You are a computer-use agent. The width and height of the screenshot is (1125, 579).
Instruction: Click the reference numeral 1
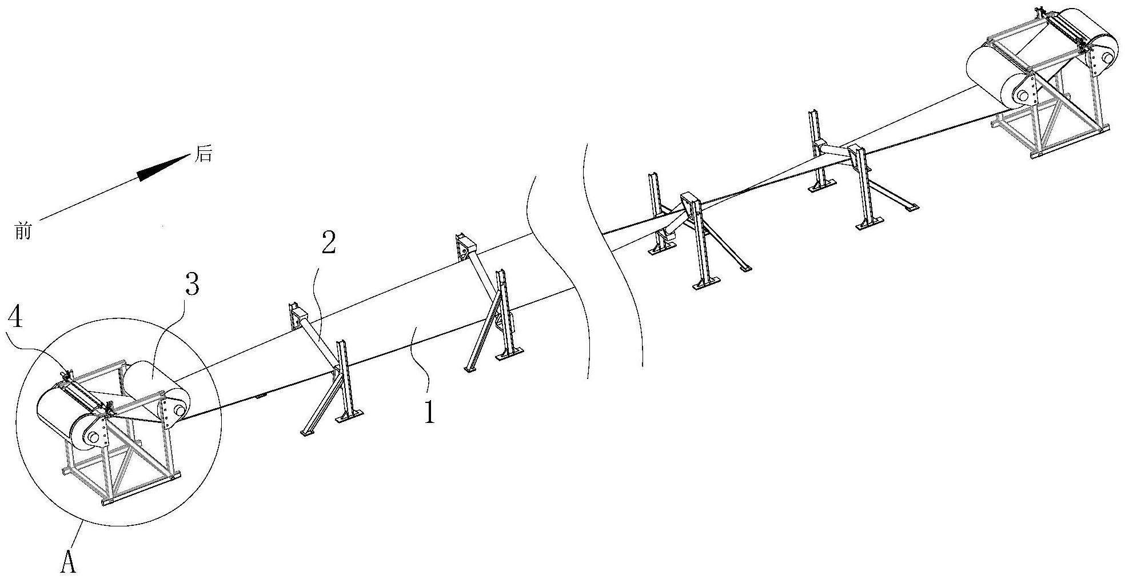[x=429, y=412]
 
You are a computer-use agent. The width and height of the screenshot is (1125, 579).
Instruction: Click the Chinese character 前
[x=23, y=231]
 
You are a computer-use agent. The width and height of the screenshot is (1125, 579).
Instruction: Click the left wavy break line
[x=557, y=274]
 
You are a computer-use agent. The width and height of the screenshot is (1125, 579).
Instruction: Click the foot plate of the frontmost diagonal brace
[x=308, y=433]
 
